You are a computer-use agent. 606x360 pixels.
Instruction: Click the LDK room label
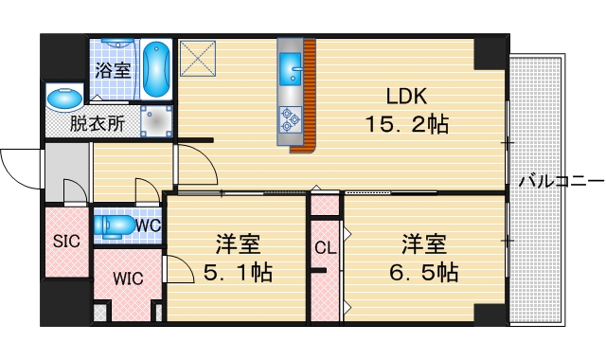click(406, 96)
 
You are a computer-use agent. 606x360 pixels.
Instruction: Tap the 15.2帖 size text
click(406, 123)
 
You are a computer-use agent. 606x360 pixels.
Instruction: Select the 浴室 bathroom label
click(113, 69)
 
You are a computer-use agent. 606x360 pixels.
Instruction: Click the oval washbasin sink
click(64, 98)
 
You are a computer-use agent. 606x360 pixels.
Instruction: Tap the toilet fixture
click(116, 225)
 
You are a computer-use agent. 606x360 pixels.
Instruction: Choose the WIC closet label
click(129, 279)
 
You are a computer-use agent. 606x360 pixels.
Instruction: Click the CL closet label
click(325, 248)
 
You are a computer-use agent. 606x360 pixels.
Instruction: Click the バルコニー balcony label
click(560, 179)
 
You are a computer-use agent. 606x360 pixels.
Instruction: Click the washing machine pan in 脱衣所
click(155, 119)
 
